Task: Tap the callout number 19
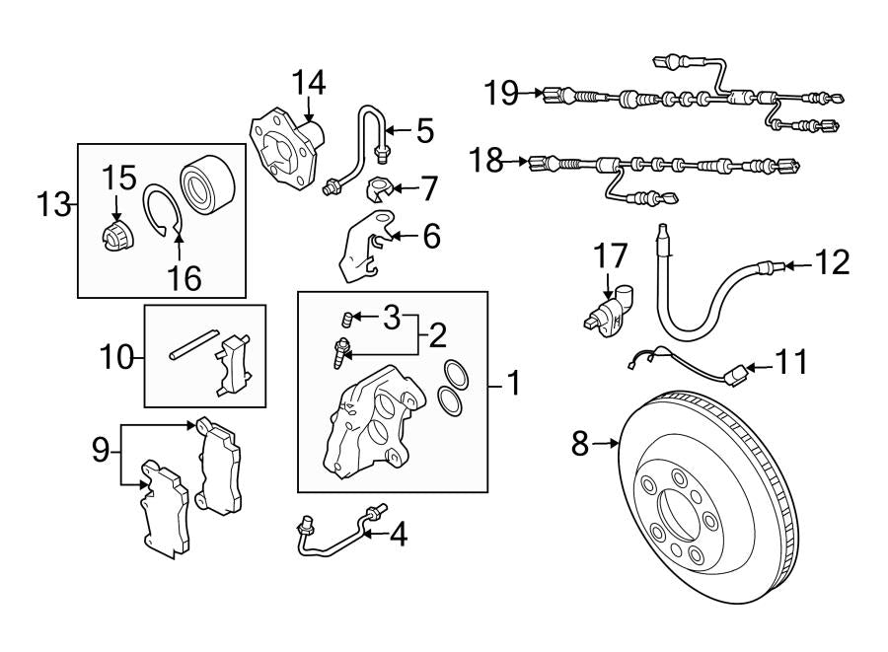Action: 501,94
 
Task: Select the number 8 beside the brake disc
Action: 581,444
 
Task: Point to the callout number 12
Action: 833,262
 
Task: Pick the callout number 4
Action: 397,534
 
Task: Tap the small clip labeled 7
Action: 378,187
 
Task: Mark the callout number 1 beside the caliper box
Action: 513,382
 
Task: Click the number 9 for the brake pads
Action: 100,451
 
